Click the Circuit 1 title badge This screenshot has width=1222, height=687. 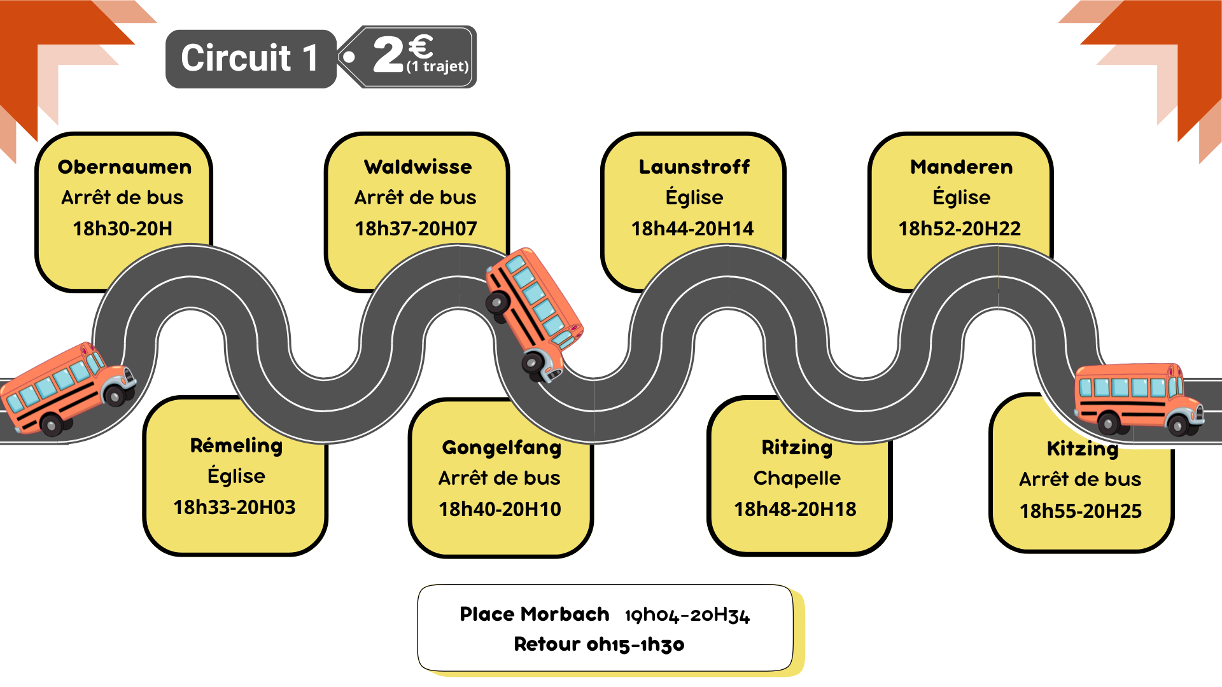click(x=251, y=59)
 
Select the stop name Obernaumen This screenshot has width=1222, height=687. click(x=125, y=167)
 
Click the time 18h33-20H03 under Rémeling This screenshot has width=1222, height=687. click(x=234, y=507)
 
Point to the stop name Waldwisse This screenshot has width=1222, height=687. click(x=418, y=167)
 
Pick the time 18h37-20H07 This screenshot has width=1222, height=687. click(x=416, y=228)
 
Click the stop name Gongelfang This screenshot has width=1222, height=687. click(x=502, y=448)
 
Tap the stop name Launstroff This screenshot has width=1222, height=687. click(x=694, y=167)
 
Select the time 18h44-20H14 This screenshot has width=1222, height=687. click(x=692, y=228)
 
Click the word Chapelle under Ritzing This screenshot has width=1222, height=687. click(x=797, y=478)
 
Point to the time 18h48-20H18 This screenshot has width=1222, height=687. click(x=795, y=509)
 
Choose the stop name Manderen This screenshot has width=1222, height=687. click(x=961, y=167)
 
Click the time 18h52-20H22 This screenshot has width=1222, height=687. click(x=959, y=228)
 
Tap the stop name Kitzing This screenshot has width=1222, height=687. click(x=1083, y=449)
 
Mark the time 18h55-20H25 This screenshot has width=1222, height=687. click(x=1081, y=511)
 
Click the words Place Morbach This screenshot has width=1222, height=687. click(x=535, y=614)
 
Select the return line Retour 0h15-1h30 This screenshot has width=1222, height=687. click(x=599, y=644)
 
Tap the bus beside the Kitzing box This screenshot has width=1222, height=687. click(x=1138, y=399)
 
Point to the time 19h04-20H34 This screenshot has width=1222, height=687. click(x=687, y=615)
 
